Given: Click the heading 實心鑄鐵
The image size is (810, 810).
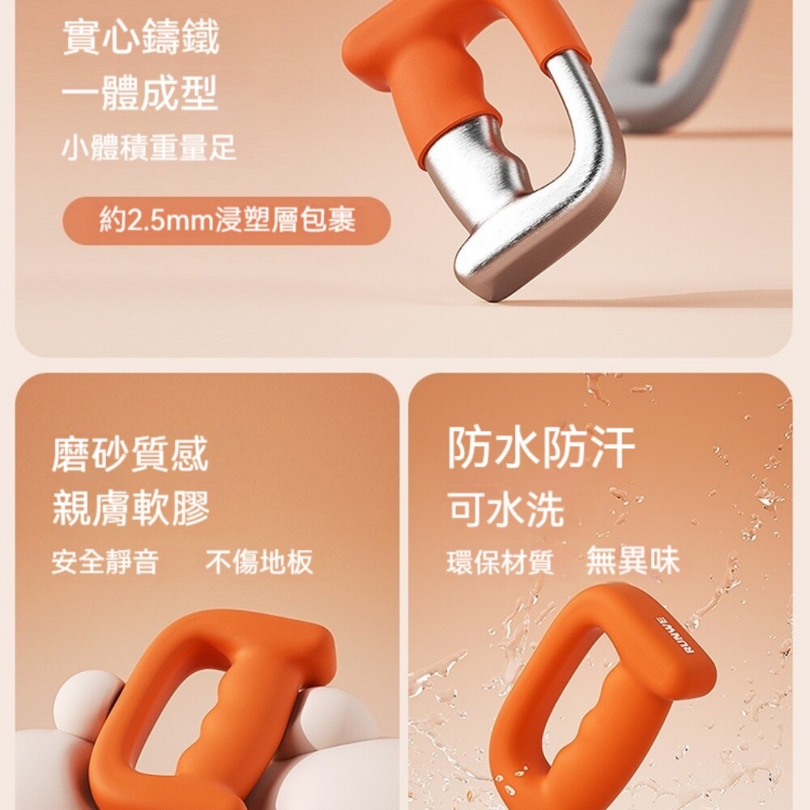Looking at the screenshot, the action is [140, 36].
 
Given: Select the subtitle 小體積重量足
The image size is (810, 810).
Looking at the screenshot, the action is [149, 147].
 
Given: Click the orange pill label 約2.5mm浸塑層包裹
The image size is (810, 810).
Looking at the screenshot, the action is [227, 220].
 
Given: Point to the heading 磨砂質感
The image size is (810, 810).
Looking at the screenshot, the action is [130, 454].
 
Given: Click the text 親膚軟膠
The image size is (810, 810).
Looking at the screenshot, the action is [130, 509].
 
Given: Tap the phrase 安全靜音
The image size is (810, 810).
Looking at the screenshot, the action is [104, 561].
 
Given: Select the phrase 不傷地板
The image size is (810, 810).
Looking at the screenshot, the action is [259, 561].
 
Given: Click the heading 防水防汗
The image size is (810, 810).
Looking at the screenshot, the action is [541, 447].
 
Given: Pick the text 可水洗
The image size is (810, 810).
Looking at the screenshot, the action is [506, 509].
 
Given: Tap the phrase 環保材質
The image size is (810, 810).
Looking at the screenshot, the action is [500, 562].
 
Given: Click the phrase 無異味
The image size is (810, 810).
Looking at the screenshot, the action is [633, 560].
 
